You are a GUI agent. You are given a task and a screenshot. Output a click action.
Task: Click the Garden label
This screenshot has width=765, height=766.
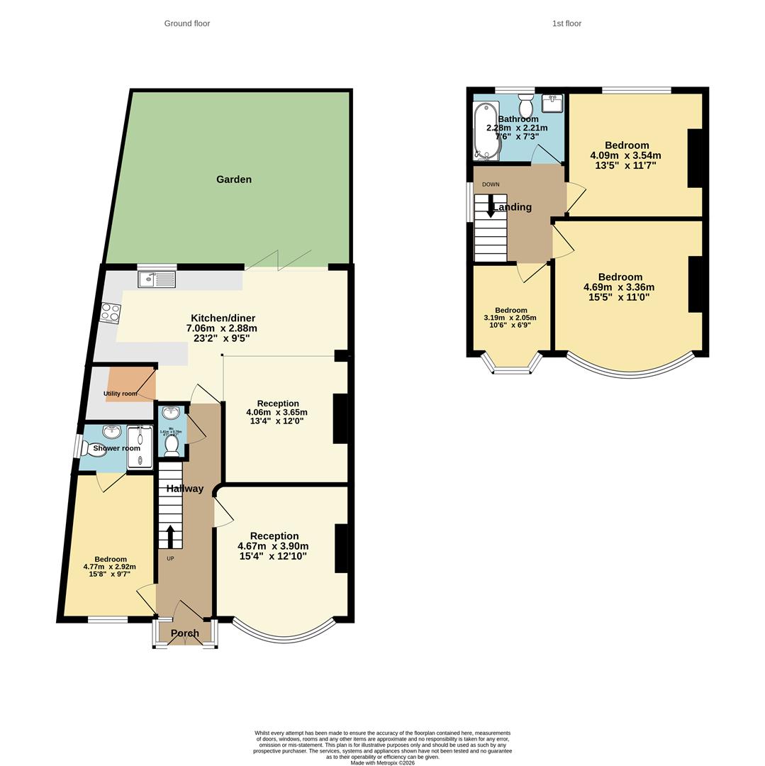click(234, 179)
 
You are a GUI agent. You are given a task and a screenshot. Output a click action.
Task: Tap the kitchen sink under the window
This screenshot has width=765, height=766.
click(157, 279)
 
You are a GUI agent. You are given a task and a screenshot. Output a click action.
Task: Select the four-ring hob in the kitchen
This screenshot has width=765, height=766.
click(111, 313)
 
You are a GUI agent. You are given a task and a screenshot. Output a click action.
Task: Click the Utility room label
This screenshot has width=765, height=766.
click(121, 394)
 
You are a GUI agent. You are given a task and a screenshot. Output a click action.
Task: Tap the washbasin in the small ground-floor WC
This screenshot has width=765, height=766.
click(171, 413)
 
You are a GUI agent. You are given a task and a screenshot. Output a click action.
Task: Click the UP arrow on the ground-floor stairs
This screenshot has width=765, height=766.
click(170, 535)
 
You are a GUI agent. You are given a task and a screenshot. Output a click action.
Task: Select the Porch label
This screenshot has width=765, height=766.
click(185, 633)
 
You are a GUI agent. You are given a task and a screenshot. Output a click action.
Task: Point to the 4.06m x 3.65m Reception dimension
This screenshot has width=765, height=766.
click(277, 412)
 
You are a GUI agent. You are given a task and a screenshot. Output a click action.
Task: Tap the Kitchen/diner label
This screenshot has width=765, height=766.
click(223, 318)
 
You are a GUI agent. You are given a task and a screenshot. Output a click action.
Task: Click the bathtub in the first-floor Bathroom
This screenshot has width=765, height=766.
click(486, 131)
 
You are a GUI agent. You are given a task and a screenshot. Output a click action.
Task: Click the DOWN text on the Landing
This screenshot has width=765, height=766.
click(491, 184)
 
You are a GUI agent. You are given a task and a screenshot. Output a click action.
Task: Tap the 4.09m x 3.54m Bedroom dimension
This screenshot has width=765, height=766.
click(625, 155)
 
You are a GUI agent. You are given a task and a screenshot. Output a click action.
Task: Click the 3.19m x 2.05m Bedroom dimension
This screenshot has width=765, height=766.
click(510, 318)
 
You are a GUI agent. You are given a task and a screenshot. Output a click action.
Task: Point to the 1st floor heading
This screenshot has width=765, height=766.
click(566, 23)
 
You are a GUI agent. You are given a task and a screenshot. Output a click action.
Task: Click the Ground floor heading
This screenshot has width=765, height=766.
click(187, 23)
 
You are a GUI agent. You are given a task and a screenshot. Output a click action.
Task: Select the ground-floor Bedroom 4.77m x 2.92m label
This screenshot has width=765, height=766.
click(109, 567)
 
